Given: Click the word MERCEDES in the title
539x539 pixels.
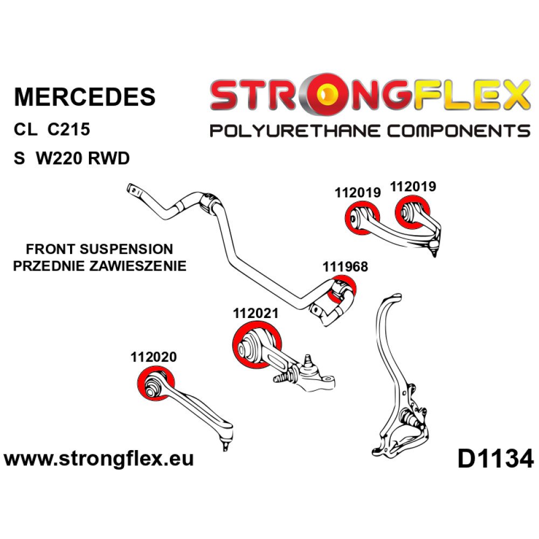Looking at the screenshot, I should click(x=85, y=96).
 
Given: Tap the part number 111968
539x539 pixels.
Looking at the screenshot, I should click(x=345, y=267).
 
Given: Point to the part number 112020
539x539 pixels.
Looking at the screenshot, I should click(x=153, y=357).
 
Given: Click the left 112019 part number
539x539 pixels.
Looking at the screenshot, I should click(x=357, y=192).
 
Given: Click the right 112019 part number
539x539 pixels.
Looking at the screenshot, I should click(x=413, y=186).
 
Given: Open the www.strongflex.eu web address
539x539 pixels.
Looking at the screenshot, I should click(x=99, y=459).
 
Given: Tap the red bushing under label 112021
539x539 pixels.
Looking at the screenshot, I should click(x=255, y=343).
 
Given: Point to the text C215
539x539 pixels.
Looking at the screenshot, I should click(x=67, y=130).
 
